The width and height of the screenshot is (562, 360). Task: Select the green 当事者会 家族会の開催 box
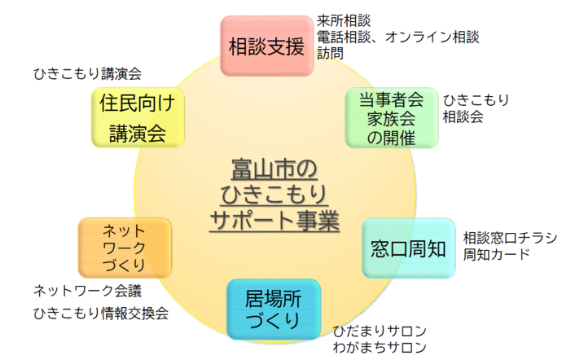tap(391, 118)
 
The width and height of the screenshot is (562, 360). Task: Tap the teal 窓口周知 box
tap(408, 248)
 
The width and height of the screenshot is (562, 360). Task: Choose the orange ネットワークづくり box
tap(124, 248)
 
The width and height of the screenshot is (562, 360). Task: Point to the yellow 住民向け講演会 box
tap(138, 118)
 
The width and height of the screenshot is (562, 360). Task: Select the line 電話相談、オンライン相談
tap(397, 37)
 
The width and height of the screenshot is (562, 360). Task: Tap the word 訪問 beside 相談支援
tap(329, 53)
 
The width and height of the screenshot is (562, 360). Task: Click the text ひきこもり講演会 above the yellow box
tap(87, 73)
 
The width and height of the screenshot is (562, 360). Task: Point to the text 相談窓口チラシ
tap(510, 238)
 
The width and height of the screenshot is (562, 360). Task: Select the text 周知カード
tap(496, 254)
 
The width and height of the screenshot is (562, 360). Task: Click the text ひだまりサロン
tap(380, 331)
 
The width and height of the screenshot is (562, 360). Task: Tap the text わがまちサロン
tap(380, 348)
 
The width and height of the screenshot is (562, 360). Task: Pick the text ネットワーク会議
tap(87, 290)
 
